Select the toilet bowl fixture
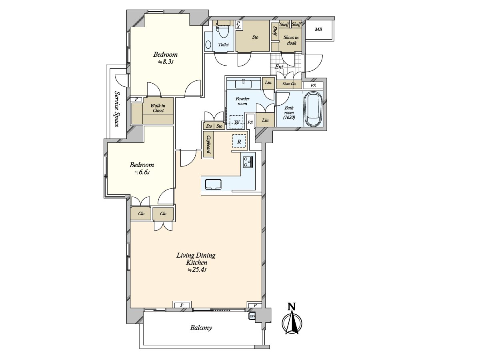(224, 32)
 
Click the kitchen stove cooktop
(248, 162)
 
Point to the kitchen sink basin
(213, 184)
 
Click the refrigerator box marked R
(239, 142)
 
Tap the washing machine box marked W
(236, 122)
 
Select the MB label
(318, 29)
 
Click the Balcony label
(201, 328)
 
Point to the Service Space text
(117, 109)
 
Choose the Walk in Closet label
(158, 108)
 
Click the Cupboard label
(208, 145)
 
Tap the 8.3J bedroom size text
(166, 62)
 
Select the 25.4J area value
(197, 270)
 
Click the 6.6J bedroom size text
(142, 172)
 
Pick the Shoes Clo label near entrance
(289, 84)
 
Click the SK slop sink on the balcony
(252, 316)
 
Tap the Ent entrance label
(279, 67)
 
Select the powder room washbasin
(243, 84)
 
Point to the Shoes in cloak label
(291, 40)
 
